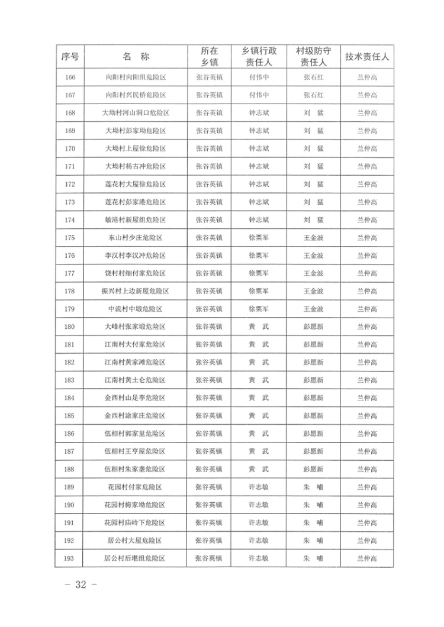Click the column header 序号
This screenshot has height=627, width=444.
[70, 57]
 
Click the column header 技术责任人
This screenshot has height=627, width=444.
[367, 57]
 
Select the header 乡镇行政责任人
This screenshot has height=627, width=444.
[259, 57]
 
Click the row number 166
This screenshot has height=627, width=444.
[70, 77]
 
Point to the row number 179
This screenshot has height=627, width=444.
[70, 309]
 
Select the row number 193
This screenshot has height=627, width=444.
[70, 558]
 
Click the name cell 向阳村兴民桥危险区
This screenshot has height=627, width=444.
[136, 95]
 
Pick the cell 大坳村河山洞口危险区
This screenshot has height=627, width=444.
[136, 112]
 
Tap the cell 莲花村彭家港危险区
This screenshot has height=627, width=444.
[136, 202]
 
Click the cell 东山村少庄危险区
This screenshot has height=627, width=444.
[136, 237]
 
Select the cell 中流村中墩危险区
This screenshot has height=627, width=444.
[136, 309]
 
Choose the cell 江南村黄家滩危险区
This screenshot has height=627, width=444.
[136, 362]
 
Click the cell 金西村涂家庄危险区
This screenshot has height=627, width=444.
[136, 416]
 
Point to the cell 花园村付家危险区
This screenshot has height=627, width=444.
[136, 487]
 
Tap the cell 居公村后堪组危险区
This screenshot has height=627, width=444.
[136, 558]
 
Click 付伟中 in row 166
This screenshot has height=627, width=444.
[259, 77]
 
